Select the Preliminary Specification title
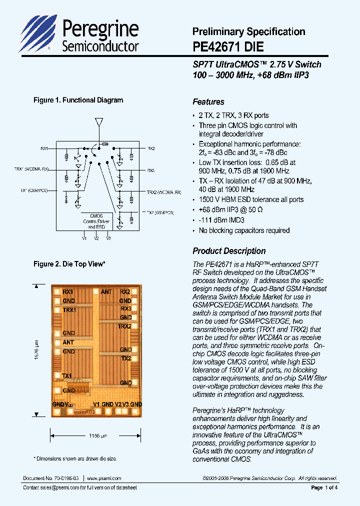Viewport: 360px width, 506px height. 248,31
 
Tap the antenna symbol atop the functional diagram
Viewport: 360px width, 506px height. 98,122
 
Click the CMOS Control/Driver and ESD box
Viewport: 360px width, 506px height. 92,221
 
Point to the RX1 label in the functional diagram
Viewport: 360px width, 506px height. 44,148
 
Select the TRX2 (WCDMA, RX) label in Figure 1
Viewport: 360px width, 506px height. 164,192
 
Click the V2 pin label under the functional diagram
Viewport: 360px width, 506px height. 96,238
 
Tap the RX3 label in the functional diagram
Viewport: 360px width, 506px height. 151,170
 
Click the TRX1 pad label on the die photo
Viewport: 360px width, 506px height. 69,310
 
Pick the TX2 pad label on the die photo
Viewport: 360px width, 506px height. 125,358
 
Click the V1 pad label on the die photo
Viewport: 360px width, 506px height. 96,404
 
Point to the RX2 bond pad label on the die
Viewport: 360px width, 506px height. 125,291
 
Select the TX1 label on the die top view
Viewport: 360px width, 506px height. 67,375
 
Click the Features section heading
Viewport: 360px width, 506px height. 208,102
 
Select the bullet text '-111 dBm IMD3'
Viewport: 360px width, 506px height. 223,220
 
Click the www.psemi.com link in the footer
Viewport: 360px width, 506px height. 104,478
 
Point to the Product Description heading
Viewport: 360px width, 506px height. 229,251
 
